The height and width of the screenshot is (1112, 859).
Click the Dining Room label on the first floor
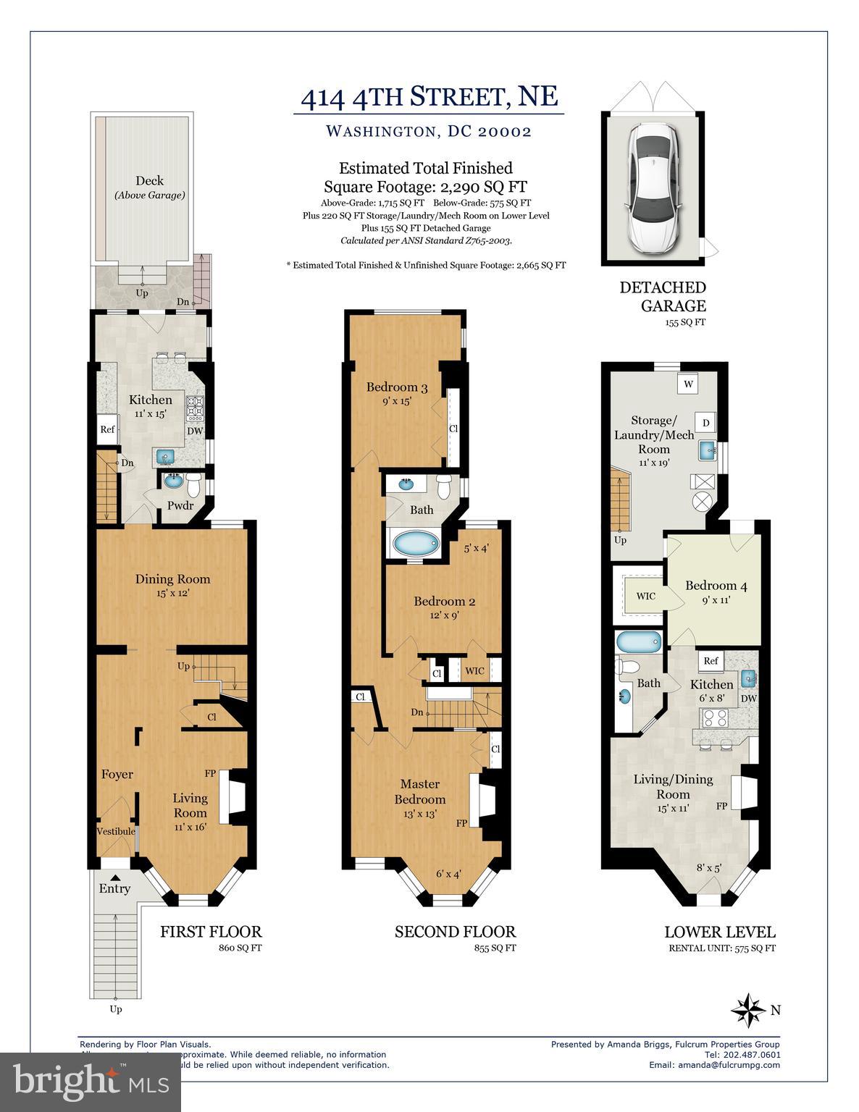coord(172,578)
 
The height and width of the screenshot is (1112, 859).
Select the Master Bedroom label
coord(420,791)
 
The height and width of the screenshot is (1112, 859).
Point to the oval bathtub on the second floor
coord(415,542)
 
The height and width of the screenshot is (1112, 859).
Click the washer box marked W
coord(687,384)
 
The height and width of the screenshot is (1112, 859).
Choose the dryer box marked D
coord(705,422)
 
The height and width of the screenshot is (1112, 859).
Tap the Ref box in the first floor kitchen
coord(107,429)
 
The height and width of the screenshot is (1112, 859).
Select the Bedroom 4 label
coord(711,586)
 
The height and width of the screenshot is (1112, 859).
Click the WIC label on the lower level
coord(645,596)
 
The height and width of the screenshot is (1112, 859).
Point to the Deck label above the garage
coord(149,181)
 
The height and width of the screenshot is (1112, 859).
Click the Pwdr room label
coord(180,505)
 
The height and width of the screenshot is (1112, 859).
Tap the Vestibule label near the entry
coord(116,831)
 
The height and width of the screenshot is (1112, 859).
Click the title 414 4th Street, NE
coord(429,96)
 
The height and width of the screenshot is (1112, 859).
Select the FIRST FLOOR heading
coord(211,932)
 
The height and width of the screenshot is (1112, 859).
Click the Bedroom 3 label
coord(396,387)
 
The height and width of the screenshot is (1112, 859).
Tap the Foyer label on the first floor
coord(117,774)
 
